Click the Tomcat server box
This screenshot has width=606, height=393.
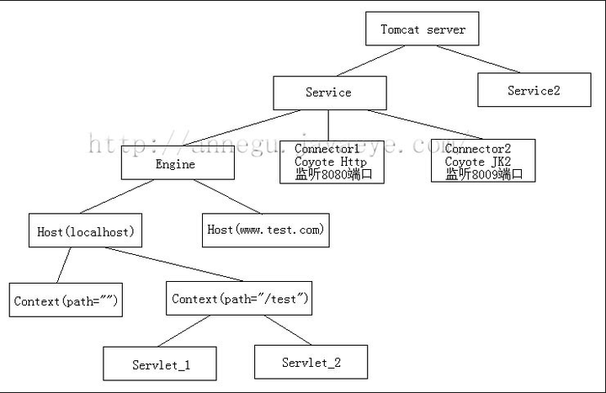pos(422,29)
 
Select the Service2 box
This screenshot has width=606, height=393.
pos(534,90)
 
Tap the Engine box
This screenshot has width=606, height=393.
pos(177,163)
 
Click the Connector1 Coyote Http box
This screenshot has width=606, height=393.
pos(332,162)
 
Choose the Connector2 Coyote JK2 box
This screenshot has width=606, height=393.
pos(482,161)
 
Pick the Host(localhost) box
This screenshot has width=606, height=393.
pos(86,231)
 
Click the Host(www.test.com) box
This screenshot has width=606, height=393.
pos(266,230)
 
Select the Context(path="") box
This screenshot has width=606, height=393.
pos(65,300)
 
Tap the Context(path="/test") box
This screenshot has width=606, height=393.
pos(239,299)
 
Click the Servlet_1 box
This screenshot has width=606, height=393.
pos(160,364)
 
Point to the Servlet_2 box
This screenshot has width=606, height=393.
pos(311,363)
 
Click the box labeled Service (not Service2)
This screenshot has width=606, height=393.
pos(329,93)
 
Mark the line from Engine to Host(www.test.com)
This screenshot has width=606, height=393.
pos(225,197)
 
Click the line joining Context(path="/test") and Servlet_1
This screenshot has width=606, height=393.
pos(183,331)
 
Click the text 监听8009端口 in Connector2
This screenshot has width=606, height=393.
pos(484,174)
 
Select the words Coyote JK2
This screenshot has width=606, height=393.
pos(477,162)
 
